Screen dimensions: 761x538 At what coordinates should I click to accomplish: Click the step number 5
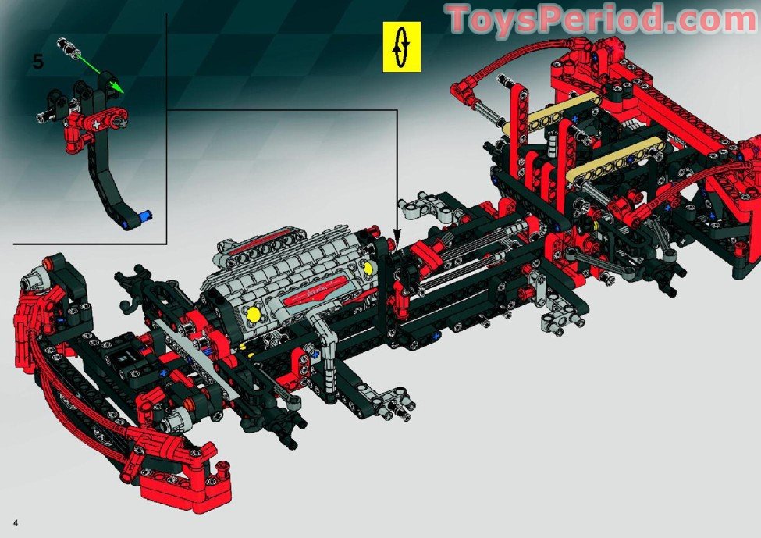(38, 62)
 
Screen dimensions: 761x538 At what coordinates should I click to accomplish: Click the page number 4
(16, 523)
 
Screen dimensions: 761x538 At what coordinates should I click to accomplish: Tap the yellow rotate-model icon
(402, 47)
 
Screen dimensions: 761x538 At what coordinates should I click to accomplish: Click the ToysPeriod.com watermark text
(602, 20)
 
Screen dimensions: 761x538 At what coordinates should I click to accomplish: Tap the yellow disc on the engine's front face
(254, 315)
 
